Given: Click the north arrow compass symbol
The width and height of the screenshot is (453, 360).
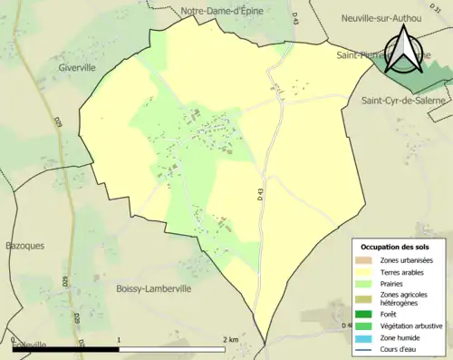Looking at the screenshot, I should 401,50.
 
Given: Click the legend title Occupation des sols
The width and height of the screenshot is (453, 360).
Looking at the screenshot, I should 396,247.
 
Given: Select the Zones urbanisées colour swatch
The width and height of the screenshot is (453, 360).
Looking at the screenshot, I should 366,261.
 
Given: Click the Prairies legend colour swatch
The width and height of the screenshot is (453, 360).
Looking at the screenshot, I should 366,284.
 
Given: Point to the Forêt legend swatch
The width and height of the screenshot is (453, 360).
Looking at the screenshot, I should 366,314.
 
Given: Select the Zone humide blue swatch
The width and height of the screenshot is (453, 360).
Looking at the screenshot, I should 366,336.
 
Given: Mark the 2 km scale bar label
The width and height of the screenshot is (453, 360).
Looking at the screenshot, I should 231,339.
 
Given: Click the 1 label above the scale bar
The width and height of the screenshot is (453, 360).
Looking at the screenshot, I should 120,339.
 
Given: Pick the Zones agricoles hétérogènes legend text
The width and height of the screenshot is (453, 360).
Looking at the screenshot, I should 404,298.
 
